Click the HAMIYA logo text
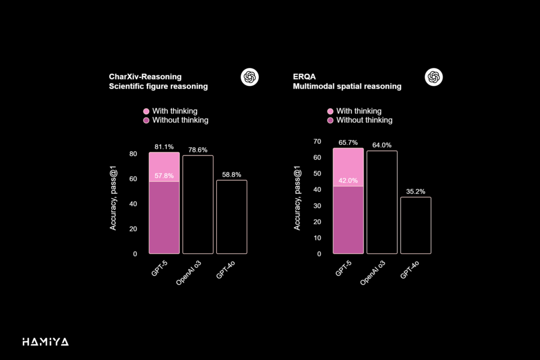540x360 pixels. (45, 342)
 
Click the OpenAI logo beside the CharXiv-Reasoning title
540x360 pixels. (249, 77)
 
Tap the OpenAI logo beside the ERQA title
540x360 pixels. (433, 77)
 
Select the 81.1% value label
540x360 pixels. (164, 147)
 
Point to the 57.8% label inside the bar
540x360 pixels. (164, 176)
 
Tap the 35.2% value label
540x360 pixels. (416, 191)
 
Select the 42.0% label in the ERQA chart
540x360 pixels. (348, 180)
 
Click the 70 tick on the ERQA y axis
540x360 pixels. (317, 141)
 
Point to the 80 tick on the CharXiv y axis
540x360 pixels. (133, 154)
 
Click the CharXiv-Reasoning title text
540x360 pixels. (145, 77)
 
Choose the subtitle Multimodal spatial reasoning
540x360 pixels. (347, 86)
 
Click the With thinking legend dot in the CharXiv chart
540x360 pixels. (147, 111)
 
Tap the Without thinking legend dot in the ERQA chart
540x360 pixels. (331, 120)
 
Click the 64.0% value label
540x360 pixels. (382, 145)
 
